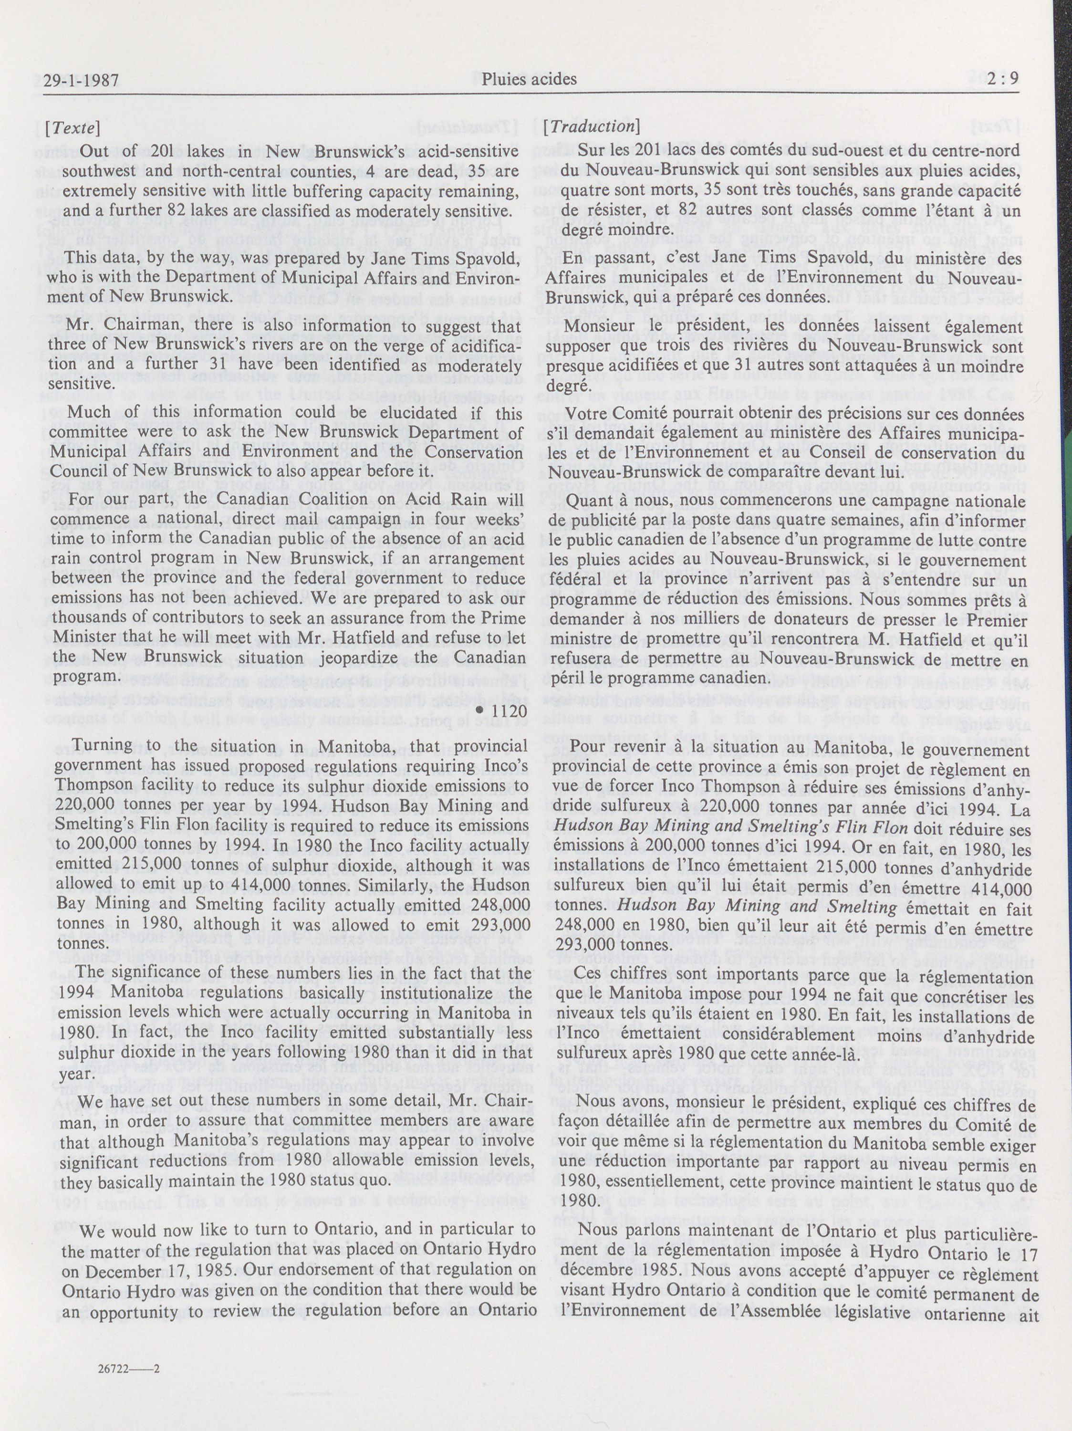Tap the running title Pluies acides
[x=529, y=79]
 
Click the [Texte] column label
[x=73, y=127]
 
